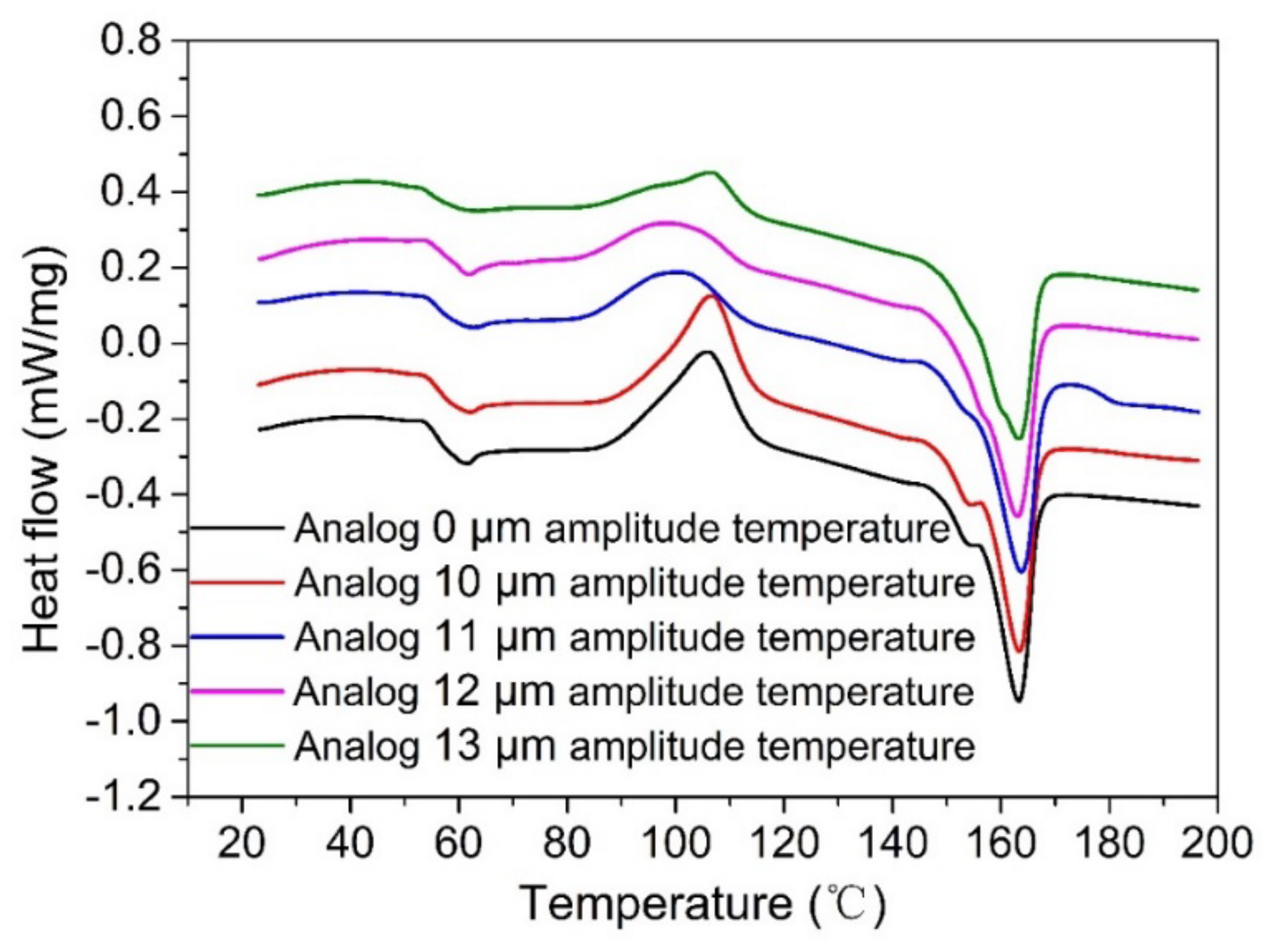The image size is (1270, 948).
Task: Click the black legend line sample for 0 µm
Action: pos(237,527)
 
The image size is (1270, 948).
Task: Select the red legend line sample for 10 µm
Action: pos(237,581)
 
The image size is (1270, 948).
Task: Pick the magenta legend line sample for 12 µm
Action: pos(237,691)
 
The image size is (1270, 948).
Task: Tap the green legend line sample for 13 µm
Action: pos(237,745)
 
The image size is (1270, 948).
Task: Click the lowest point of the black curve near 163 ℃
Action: pos(1019,700)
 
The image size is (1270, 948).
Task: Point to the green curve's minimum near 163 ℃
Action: pos(1018,439)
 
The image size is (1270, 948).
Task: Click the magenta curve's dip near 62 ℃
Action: pos(468,274)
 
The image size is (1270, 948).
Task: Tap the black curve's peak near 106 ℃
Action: pos(707,352)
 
